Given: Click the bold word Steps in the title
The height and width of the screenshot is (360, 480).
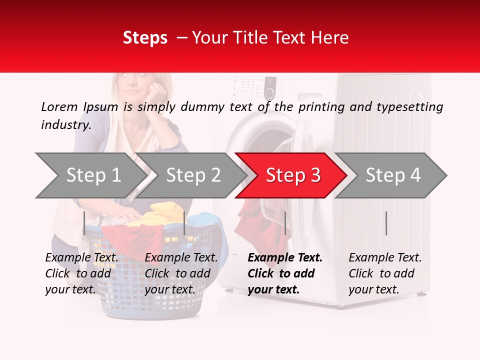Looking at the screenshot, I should [145, 38].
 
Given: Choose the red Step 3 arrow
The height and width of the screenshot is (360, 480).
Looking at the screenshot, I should [292, 175].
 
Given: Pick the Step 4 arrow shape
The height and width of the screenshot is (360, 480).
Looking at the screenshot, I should [392, 175].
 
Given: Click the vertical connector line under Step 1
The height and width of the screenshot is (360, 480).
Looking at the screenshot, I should [84, 223].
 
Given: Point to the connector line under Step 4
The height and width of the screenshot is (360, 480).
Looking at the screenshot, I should [386, 223].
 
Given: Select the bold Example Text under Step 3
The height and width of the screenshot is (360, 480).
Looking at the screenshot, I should [285, 273].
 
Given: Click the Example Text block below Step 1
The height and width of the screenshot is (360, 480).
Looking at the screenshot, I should [82, 273].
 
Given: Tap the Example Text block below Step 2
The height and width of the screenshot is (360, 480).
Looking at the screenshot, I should [181, 273].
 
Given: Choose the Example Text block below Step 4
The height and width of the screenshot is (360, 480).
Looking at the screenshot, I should [385, 273].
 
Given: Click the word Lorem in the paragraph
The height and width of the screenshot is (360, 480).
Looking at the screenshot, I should [59, 106].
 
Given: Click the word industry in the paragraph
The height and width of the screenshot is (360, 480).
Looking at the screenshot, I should [65, 125].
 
